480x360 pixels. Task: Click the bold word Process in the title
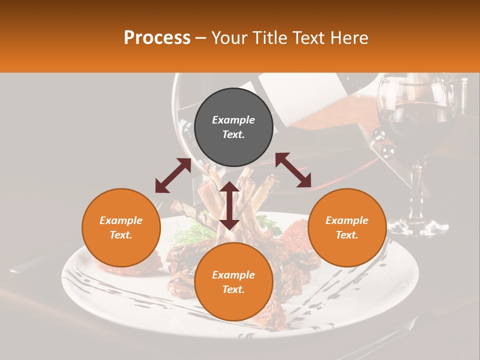[x=157, y=38]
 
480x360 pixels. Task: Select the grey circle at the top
[x=233, y=127]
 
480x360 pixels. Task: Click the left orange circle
[x=121, y=227]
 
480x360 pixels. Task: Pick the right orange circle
[x=347, y=227]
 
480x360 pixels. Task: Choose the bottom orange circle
[x=233, y=281]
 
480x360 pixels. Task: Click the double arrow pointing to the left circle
[x=173, y=175]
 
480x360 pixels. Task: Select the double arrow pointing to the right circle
[x=293, y=170]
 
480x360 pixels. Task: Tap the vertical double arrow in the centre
[x=229, y=205]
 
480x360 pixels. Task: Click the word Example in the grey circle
[x=233, y=120]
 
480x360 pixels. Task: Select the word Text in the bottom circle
[x=233, y=289]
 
